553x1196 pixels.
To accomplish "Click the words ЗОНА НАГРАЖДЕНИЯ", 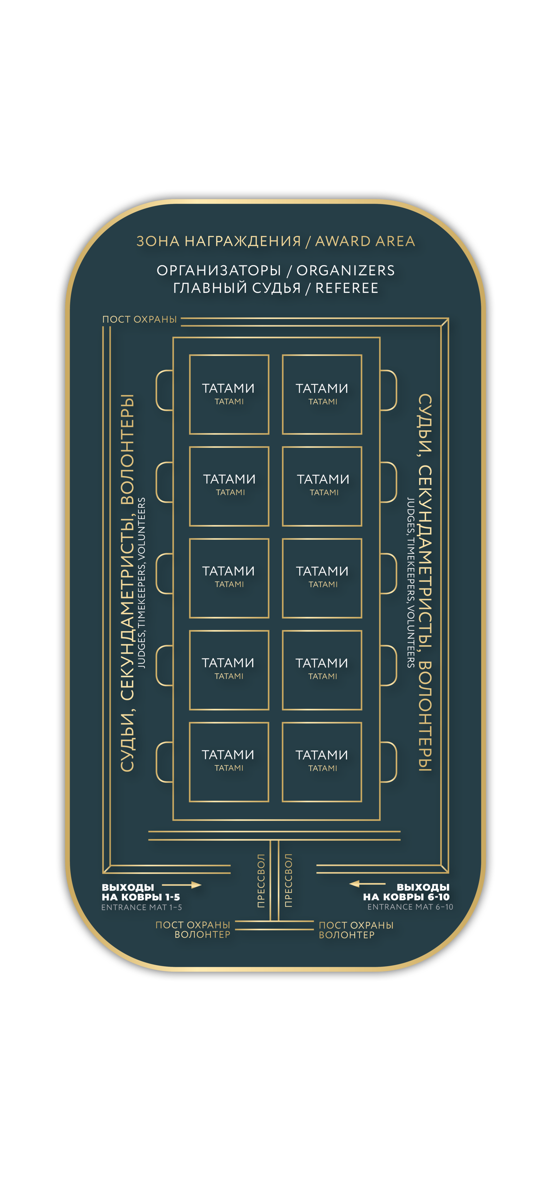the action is click(219, 241).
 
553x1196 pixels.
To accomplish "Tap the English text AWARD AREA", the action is click(365, 241).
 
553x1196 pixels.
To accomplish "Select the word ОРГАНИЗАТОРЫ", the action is click(219, 270).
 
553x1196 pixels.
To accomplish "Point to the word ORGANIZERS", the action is click(346, 270).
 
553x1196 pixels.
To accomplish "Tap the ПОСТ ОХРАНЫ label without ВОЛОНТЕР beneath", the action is click(139, 319).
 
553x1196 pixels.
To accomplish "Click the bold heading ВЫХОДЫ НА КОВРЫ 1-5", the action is click(140, 892).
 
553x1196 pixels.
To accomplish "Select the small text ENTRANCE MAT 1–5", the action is click(142, 907).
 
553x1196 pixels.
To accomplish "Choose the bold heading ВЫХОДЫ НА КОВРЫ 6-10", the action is click(407, 892).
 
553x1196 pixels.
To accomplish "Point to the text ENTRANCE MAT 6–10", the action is click(410, 907).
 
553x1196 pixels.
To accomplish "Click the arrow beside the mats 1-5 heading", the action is click(182, 885).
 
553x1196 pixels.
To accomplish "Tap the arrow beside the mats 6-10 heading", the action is click(367, 883).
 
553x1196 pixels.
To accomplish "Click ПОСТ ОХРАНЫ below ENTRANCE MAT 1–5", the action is click(193, 925).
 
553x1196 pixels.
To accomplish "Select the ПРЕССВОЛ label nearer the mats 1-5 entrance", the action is click(261, 880).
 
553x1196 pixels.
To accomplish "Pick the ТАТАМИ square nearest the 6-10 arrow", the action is click(322, 762).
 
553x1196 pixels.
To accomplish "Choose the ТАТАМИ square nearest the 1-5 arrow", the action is click(229, 762).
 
